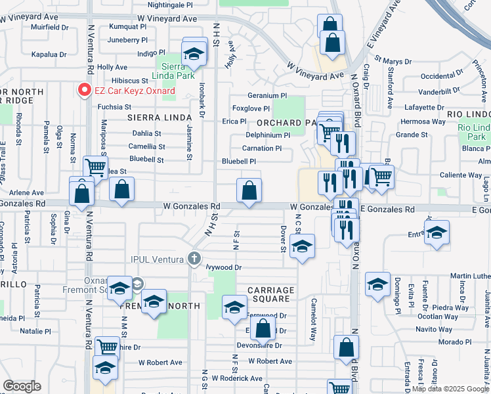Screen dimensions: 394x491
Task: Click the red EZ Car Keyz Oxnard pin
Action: click(84, 89)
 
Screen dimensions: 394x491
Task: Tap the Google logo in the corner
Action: click(22, 386)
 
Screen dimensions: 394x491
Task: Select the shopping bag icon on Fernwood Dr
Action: click(263, 331)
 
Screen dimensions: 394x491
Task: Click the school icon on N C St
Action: click(301, 247)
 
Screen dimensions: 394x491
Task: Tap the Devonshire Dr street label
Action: click(259, 345)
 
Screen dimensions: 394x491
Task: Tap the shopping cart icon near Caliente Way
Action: click(381, 177)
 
